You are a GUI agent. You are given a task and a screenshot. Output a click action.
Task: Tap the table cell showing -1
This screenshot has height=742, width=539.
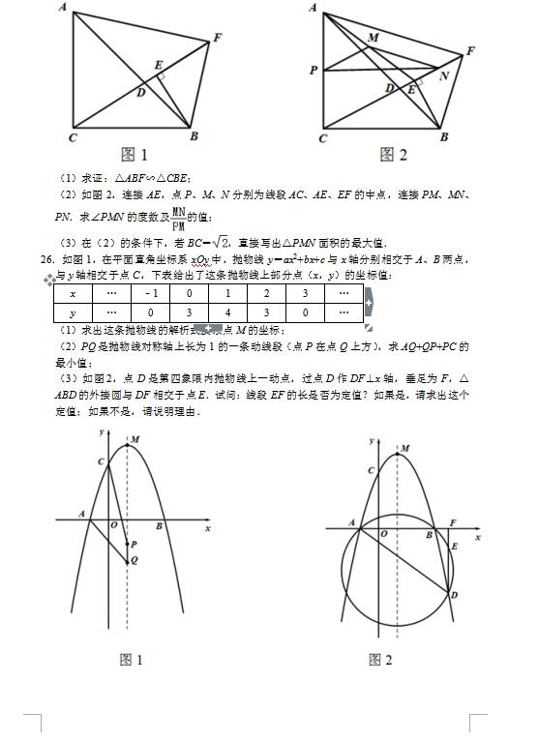pos(150,294)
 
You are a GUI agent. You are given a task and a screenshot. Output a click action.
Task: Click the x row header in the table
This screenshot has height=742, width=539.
pos(73,294)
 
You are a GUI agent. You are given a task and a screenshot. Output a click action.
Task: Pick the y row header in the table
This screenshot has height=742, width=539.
pos(73,313)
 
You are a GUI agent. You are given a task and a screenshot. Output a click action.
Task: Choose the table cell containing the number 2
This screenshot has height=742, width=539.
pos(266,294)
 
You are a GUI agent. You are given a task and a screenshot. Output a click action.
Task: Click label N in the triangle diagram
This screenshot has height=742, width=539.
pos(444,74)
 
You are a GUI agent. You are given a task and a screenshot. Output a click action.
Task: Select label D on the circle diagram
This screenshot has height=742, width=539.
pos(454,595)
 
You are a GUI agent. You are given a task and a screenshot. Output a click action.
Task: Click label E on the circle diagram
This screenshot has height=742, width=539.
pos(455,547)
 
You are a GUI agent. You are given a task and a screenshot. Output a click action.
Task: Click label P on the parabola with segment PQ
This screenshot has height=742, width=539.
pos(134,545)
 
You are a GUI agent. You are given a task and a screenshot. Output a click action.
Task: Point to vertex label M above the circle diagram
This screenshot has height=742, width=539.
pos(404,449)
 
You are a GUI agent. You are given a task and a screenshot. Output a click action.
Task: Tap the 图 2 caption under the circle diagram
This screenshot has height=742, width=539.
pos(380,660)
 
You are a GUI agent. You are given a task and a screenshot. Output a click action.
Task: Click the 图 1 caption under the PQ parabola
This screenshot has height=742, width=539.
pos(131,660)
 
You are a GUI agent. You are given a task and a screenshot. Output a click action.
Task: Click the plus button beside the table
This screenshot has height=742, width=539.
pos(368,303)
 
